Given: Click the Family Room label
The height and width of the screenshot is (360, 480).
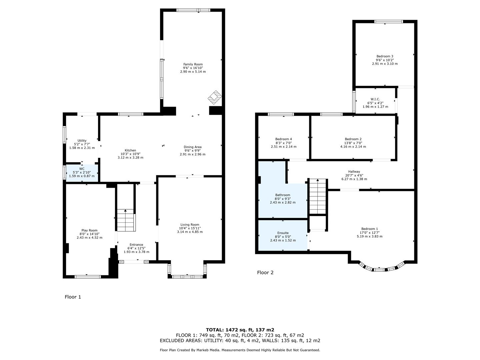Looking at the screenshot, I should coord(193,64).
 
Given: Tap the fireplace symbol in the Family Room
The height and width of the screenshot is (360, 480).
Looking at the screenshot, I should coord(215,96).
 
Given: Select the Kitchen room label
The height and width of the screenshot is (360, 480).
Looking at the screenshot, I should coord(130,150).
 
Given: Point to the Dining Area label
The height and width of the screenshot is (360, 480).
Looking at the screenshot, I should coord(193,147).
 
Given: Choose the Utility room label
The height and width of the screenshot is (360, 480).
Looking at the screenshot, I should coord(82,141).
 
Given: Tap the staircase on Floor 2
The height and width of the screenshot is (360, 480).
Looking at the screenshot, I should coord(318,197).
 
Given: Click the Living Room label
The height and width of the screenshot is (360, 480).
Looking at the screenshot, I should coord(190,225).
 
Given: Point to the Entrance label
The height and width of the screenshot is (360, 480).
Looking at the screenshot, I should coord(136,245).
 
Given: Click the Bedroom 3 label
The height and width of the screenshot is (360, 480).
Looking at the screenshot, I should coord(385,56).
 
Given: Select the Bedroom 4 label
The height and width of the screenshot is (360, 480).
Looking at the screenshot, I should coord(283,139).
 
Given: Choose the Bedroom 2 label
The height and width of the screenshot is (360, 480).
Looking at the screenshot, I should coord(353,139).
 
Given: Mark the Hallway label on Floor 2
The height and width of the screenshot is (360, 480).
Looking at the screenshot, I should coord(354,172).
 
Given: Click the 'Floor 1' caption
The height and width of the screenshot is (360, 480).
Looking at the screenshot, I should coord(73,297).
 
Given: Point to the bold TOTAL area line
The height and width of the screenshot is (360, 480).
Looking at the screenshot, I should coord(240,330).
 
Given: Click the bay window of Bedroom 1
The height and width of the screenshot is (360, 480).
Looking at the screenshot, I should coord(382,269).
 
